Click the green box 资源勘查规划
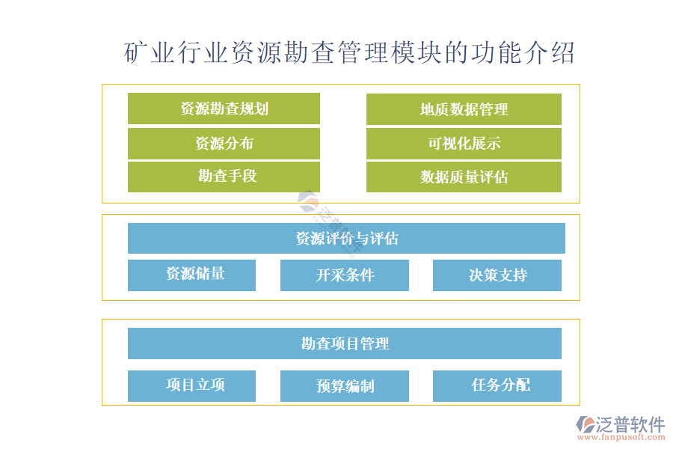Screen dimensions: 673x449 coord(224,109)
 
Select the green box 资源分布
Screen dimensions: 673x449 coord(224,144)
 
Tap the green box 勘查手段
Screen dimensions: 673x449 coord(224,177)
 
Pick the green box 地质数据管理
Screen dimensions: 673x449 coord(464,109)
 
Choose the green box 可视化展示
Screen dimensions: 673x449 coord(464,144)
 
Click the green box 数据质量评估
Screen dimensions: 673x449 coord(464,177)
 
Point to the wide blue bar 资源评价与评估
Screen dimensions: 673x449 coord(346,239)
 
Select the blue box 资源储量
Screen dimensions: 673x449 coord(191,275)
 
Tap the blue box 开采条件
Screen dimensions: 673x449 coord(344,275)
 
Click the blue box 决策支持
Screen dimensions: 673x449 coord(497,275)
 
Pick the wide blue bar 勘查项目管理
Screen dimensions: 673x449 coord(345,343)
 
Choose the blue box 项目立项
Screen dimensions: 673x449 coord(191,386)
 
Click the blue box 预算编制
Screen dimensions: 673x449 coord(344,386)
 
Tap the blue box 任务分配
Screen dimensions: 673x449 coord(497,386)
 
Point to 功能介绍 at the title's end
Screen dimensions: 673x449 coord(523,53)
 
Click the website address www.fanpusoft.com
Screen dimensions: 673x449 coord(621,437)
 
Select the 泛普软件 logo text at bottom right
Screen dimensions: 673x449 coord(630,424)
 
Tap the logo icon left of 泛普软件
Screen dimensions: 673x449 coord(586,424)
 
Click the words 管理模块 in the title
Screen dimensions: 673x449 coord(390,53)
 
